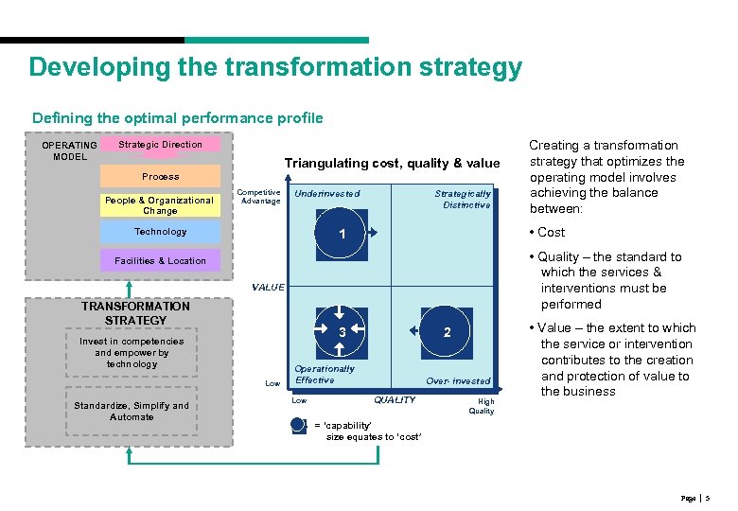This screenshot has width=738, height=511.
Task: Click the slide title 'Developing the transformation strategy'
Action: point(275,68)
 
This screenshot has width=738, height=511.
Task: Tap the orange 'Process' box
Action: point(160,176)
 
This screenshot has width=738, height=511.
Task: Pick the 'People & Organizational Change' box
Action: point(160,205)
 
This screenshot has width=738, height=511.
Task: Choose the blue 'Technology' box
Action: point(160,232)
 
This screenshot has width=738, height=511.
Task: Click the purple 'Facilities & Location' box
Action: point(160,260)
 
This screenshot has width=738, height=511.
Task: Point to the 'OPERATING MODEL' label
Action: point(69,151)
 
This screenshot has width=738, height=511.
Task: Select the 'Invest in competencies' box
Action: point(132,352)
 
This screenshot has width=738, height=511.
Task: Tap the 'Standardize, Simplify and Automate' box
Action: point(132,412)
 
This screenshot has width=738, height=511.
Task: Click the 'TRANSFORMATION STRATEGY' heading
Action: point(135,313)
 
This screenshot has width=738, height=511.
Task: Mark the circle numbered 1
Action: point(341,234)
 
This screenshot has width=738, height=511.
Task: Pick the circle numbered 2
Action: point(447,331)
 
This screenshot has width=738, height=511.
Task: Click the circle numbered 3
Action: point(342,331)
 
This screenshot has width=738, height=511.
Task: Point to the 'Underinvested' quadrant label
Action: point(327,194)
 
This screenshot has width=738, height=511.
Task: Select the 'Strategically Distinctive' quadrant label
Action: point(463,199)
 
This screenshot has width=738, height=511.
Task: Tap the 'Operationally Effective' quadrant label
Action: point(324,375)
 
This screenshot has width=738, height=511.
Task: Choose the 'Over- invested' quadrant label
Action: point(458,381)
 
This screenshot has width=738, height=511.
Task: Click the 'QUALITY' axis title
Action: point(395,400)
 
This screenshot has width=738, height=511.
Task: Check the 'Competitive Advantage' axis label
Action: point(259,197)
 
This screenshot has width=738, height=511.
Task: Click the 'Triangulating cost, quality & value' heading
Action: point(392,164)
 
